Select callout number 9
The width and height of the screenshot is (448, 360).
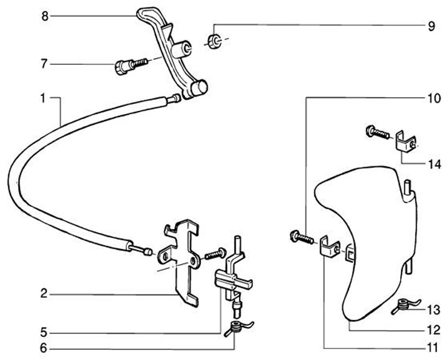[x=431, y=27]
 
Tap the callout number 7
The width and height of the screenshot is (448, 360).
[x=44, y=64]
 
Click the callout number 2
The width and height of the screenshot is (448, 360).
[x=44, y=293]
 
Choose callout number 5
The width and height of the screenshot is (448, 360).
[x=44, y=331]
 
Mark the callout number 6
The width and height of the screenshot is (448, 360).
[x=44, y=348]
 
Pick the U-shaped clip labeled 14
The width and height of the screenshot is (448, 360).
[x=406, y=142]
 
